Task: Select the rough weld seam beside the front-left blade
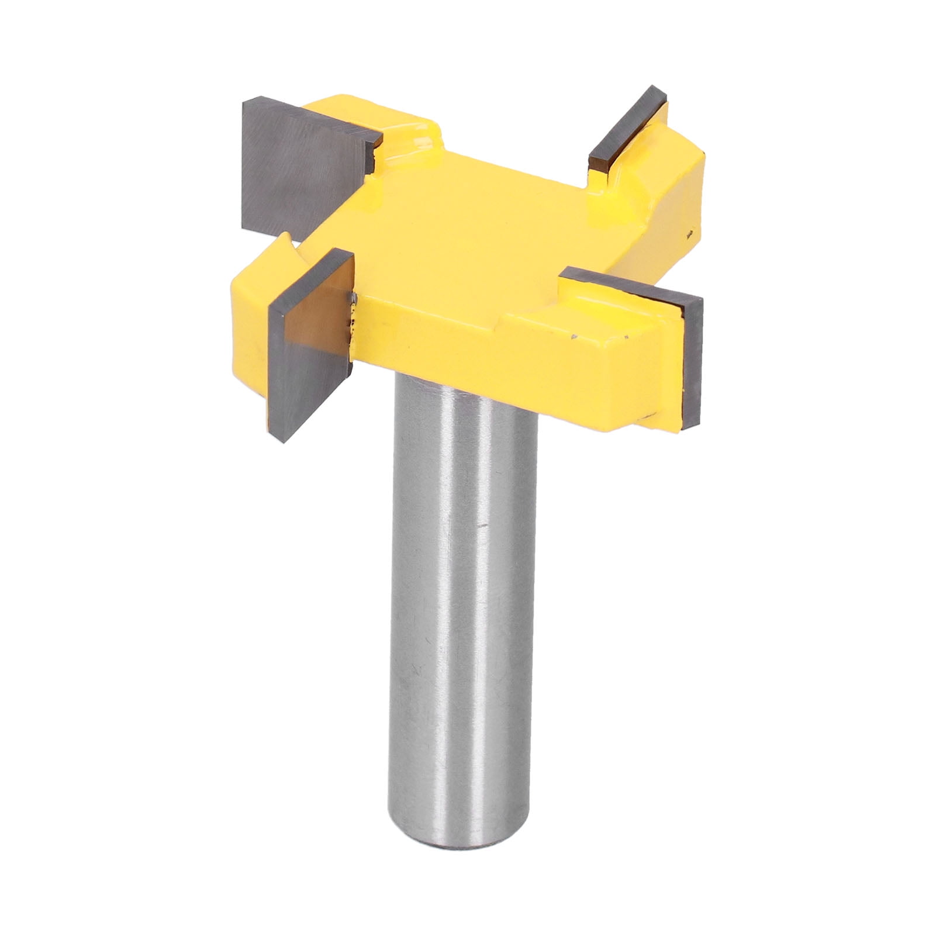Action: point(353,322)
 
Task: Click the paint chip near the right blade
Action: point(576,337)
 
